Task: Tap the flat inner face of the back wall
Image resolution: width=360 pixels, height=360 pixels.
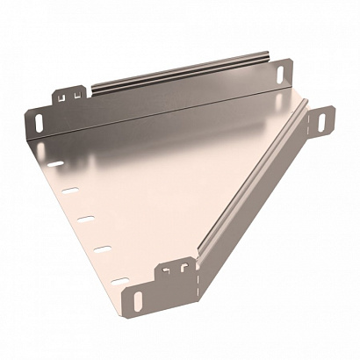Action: pos(176,97)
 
